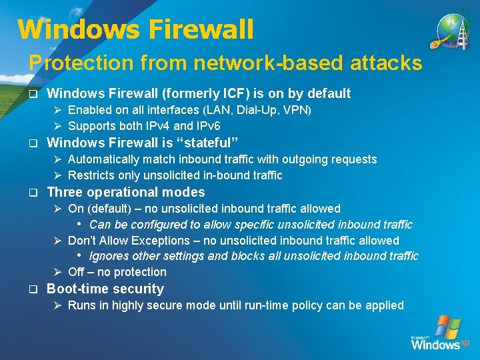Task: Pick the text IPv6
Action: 206,125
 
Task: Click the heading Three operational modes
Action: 126,193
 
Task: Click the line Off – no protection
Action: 117,272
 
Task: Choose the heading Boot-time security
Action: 105,289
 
